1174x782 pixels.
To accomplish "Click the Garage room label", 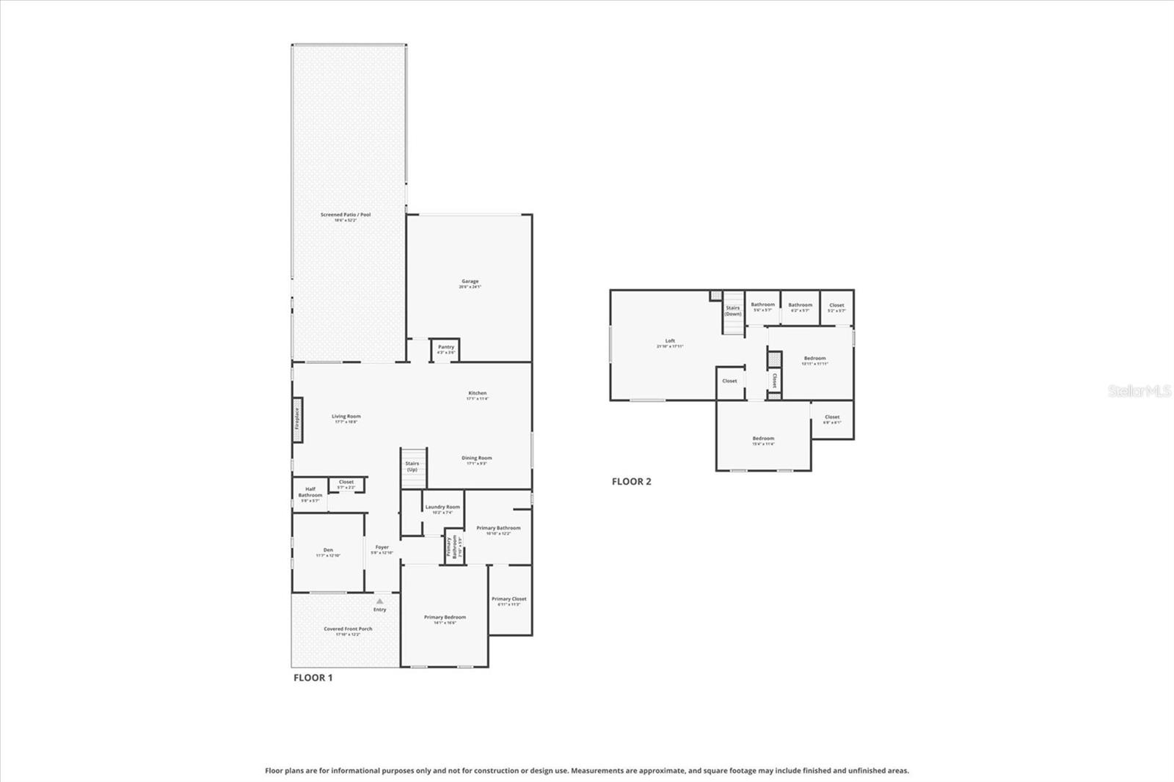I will tap(470, 282).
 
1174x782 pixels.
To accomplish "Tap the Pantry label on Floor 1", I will tap(446, 348).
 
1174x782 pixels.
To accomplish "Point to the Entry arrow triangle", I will tap(379, 601).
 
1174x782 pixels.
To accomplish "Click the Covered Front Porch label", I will tap(348, 629).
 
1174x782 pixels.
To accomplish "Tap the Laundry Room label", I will tap(442, 508).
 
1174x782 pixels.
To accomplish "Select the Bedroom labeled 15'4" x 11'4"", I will tap(763, 439).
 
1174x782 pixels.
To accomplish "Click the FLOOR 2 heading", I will tap(631, 482).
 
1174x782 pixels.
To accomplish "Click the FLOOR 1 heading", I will tap(313, 678).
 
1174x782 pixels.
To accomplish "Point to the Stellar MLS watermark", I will tap(1139, 392).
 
